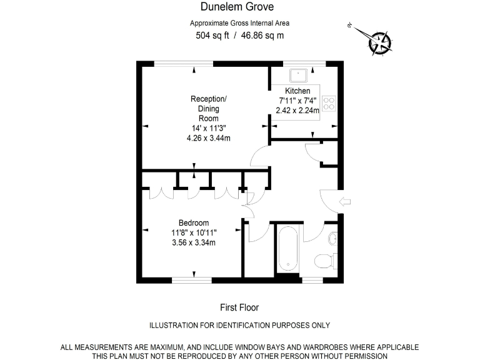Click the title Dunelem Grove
pos(239,7)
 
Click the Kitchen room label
pos(297,91)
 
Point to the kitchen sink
pos(301,75)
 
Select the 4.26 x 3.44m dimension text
pos(208,138)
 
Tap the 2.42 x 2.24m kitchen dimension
pos(297,110)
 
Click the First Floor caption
pos(239,307)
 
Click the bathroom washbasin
pos(334,238)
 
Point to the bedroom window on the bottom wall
pos(193,280)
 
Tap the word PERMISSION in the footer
pos(364,355)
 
